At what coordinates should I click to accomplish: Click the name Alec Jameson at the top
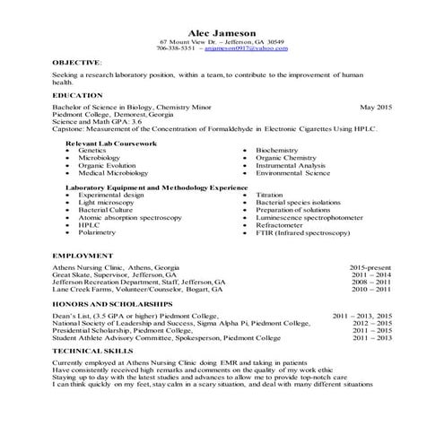(x=222, y=32)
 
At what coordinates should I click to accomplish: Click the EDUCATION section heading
(x=78, y=95)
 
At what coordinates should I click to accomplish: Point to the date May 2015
(x=376, y=107)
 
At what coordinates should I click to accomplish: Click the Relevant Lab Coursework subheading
(x=111, y=143)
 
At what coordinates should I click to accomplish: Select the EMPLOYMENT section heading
(x=82, y=256)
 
